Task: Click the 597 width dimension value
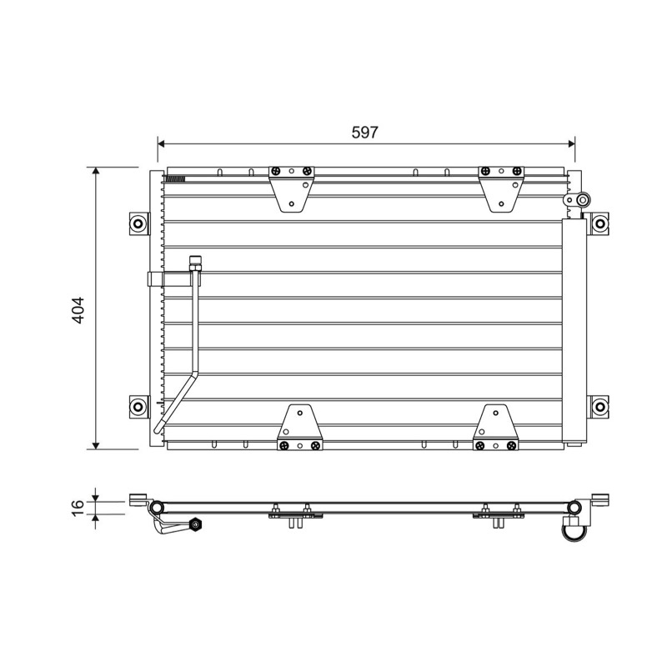pos(364,133)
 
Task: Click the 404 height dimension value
pos(79,310)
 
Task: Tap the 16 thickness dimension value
pos(78,508)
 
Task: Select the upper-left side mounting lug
pos(139,223)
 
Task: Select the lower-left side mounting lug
pos(139,407)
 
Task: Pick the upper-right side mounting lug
pos(599,223)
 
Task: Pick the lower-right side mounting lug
pos(599,407)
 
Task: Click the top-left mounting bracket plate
pos(292,189)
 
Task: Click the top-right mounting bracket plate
pos(502,189)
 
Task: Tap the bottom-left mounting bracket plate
pos(300,428)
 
